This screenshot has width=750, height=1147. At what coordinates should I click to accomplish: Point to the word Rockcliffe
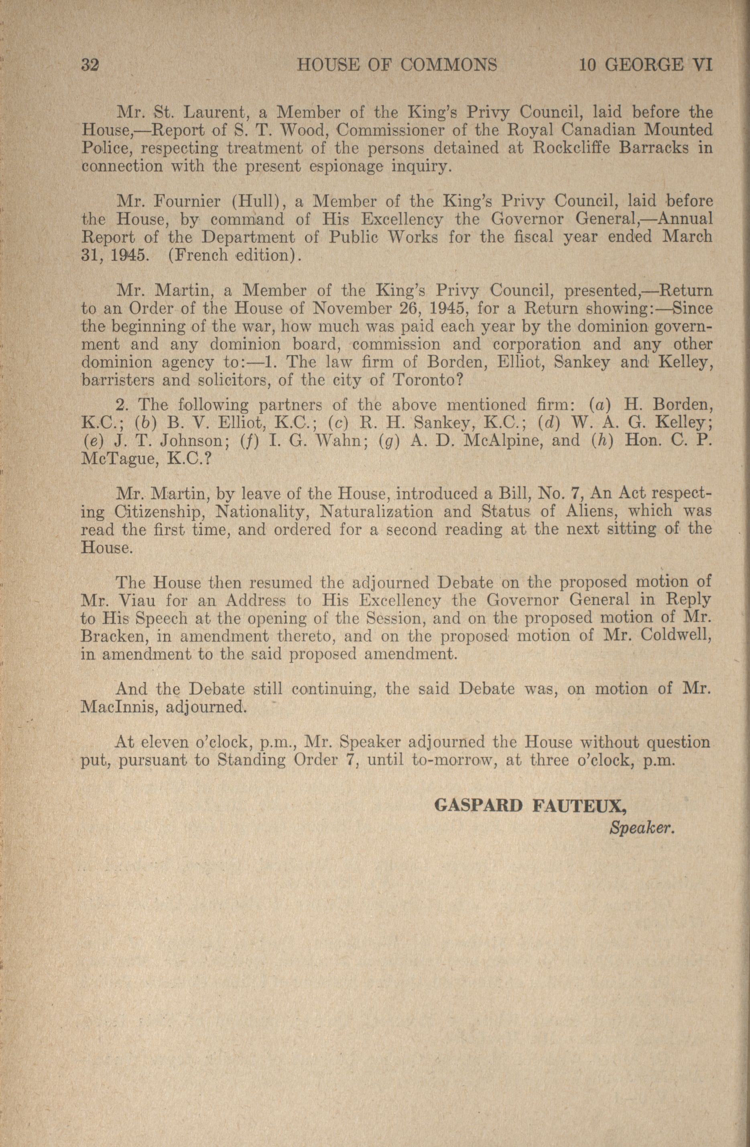click(571, 148)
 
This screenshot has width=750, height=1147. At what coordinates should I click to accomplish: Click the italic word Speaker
click(640, 827)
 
